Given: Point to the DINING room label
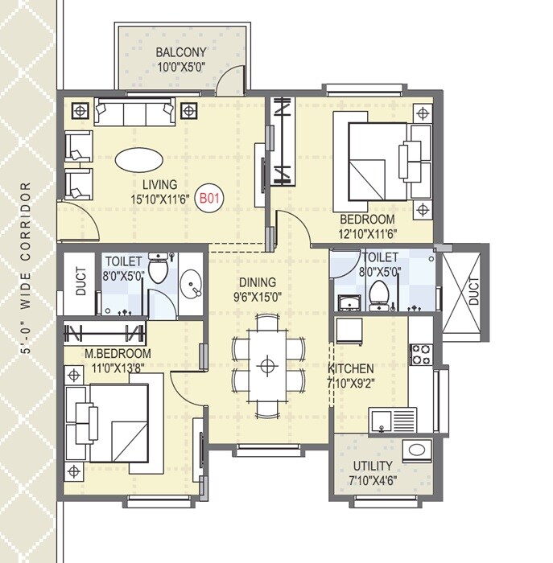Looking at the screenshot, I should [x=258, y=282].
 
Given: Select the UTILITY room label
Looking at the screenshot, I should [x=372, y=466].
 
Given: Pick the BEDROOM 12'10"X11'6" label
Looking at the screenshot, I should [x=367, y=220].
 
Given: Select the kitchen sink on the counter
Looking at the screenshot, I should [x=392, y=419].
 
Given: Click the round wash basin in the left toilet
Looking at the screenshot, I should [x=191, y=286].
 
